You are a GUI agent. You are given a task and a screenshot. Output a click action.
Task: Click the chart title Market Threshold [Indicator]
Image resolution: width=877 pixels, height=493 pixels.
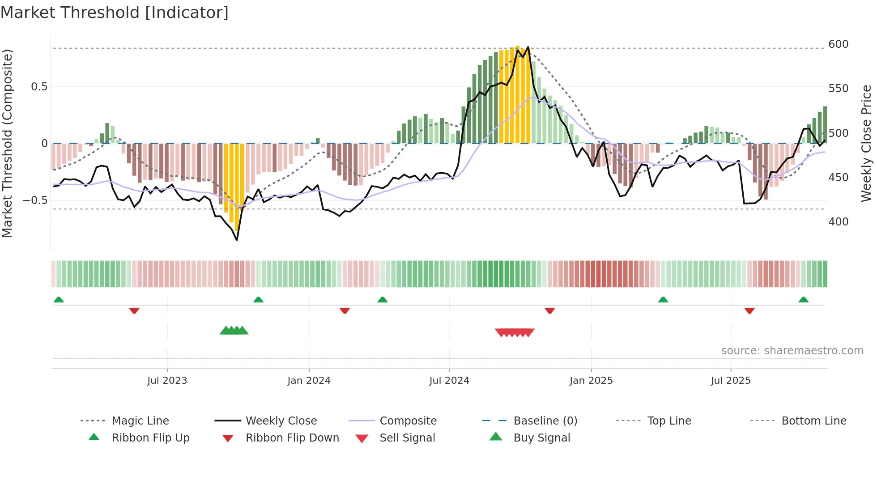tap(115, 13)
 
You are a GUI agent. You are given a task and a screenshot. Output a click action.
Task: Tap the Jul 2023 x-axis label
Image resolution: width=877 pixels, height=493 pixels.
tap(167, 381)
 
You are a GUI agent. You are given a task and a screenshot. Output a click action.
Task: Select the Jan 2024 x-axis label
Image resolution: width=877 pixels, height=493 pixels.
tap(309, 381)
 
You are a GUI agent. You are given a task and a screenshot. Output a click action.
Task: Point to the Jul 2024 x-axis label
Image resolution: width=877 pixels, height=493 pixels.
tap(449, 381)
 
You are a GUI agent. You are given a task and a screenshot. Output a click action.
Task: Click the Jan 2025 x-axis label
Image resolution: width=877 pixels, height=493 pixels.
tap(591, 381)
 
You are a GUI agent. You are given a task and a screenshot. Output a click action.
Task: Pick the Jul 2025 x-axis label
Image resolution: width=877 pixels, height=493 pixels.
tap(731, 381)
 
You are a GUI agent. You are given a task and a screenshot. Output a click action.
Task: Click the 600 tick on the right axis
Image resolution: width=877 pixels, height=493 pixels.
tap(838, 44)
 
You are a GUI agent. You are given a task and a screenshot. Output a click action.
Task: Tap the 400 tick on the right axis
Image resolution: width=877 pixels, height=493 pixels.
tap(838, 222)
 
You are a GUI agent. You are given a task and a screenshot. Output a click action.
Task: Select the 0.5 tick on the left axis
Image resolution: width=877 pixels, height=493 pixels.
tap(39, 87)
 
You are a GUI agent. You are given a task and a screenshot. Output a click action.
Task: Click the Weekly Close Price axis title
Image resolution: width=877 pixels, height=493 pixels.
tap(866, 143)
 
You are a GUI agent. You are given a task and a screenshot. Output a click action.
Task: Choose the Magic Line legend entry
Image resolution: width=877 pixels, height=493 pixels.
tap(140, 421)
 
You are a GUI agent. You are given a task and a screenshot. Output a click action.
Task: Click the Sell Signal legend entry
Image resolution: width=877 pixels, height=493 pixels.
tap(407, 438)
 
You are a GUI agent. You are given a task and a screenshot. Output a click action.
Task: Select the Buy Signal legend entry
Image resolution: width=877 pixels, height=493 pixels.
tap(541, 438)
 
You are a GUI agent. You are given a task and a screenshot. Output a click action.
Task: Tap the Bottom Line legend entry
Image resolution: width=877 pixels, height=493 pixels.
tap(813, 421)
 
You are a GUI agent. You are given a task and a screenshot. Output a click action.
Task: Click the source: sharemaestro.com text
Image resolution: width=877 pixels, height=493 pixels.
tap(792, 351)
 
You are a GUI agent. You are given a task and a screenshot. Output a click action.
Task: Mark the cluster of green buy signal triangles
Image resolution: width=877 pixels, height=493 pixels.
tap(234, 331)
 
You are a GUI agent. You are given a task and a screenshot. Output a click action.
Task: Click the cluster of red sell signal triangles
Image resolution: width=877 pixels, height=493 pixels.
tap(515, 332)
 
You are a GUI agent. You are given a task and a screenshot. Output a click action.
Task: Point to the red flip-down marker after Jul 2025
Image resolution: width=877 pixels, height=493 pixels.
tap(749, 310)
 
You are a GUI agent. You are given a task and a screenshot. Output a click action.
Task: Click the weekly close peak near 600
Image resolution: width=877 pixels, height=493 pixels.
tap(528, 47)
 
